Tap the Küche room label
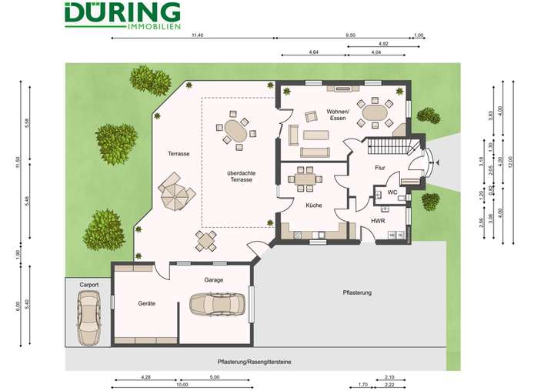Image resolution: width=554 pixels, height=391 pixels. click(313, 206)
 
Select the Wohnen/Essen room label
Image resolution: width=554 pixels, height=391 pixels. click(337, 115)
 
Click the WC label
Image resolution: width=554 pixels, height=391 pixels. click(392, 192)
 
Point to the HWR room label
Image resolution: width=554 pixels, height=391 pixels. click(378, 221)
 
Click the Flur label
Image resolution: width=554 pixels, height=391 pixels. click(379, 167)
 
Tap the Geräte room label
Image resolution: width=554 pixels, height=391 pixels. click(146, 303)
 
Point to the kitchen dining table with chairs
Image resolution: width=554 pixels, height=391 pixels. click(305, 180)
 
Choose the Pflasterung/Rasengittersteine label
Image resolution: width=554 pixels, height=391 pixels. click(254, 360)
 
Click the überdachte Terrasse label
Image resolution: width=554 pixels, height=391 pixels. click(241, 177)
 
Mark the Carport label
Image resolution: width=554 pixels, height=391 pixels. click(89, 285)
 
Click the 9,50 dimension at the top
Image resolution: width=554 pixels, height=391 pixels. click(350, 35)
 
